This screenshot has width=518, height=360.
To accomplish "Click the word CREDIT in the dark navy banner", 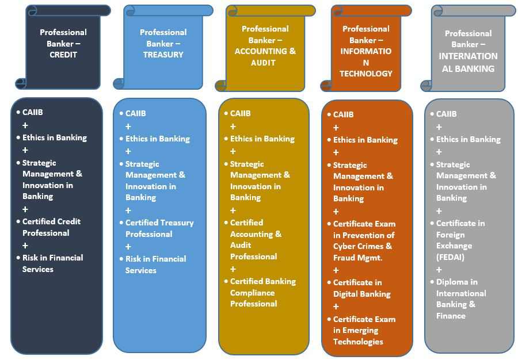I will [x=63, y=55].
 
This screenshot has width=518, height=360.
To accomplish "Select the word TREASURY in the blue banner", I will [x=163, y=55].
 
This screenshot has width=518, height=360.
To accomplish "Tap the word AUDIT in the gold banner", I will [x=263, y=62].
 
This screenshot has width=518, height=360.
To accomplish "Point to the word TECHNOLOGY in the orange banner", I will [x=365, y=73].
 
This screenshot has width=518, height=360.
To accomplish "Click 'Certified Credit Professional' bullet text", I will [x=51, y=227].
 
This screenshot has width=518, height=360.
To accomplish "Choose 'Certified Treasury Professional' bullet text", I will [x=159, y=228].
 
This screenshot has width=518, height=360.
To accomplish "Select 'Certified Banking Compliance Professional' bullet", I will [x=262, y=292].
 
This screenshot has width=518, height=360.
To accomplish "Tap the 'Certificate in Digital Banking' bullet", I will [x=361, y=288].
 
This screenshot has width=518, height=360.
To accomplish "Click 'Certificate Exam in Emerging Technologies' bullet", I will [x=364, y=330].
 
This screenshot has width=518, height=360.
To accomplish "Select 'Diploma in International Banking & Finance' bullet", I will [x=460, y=298].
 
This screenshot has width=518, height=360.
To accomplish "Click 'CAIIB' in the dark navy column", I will [x=32, y=112].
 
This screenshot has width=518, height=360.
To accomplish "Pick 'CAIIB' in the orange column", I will [x=343, y=114].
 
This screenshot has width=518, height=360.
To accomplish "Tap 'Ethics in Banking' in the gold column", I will [x=262, y=139].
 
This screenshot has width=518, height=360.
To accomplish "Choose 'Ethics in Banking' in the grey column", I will [x=468, y=139].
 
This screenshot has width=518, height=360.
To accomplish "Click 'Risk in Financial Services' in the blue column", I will [x=155, y=265].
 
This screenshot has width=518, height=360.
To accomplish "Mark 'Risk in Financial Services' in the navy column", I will [x=52, y=263].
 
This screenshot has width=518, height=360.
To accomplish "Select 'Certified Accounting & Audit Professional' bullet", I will [x=256, y=239].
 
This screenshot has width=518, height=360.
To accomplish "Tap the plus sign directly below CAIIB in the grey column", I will [x=439, y=127].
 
